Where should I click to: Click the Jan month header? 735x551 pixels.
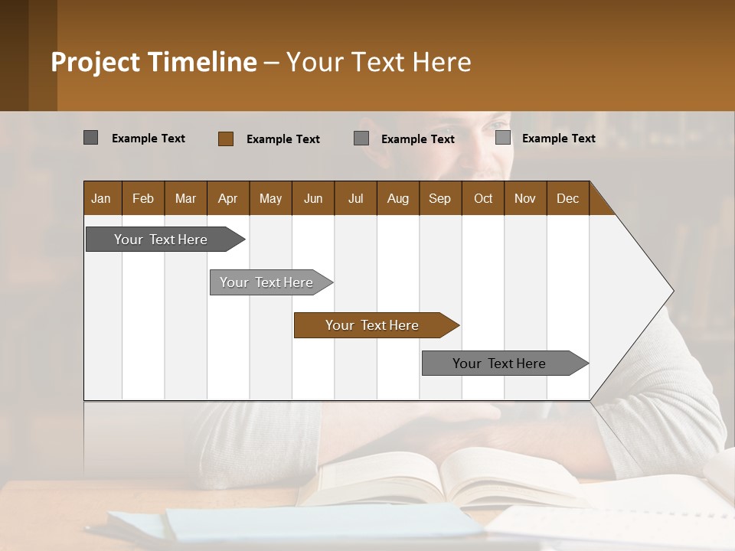[102, 198]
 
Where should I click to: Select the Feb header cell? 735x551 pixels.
[143, 198]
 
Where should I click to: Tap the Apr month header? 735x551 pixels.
[227, 198]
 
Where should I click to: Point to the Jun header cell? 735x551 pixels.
[313, 198]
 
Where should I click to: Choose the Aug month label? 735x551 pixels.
[397, 198]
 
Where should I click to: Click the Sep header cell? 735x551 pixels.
[439, 198]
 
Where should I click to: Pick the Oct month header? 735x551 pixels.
[483, 198]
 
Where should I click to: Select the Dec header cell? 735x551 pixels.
[567, 198]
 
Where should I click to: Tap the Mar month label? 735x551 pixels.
[185, 198]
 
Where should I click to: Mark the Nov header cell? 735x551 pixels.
[524, 198]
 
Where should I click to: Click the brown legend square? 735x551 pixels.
[226, 139]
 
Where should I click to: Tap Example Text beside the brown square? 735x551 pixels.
[283, 139]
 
